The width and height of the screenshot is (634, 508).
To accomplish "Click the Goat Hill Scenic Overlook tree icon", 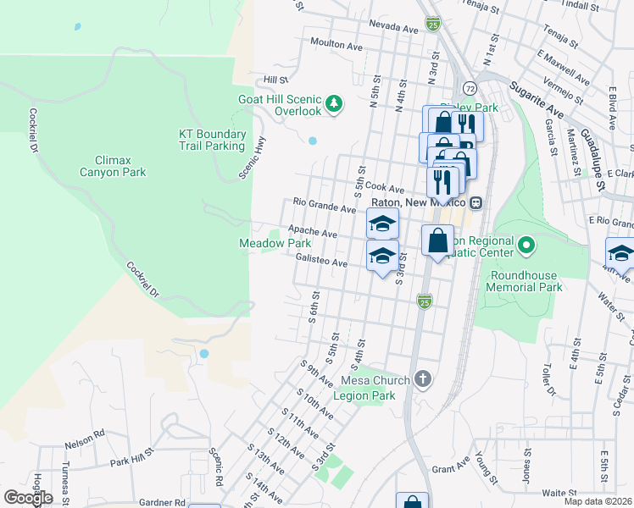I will pos(336,103).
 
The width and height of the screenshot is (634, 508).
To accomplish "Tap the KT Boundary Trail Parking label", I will pos(212,140).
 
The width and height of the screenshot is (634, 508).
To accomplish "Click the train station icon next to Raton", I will pos(476,202).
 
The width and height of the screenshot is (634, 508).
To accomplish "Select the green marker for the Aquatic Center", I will pos(526,246).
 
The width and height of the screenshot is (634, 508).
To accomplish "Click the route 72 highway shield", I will pos(470,87).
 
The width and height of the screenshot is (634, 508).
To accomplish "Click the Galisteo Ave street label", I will pos(322,262).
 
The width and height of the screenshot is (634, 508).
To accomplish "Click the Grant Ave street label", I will pos(450,467).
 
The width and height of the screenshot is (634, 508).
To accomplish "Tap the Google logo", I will pos(28,498).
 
